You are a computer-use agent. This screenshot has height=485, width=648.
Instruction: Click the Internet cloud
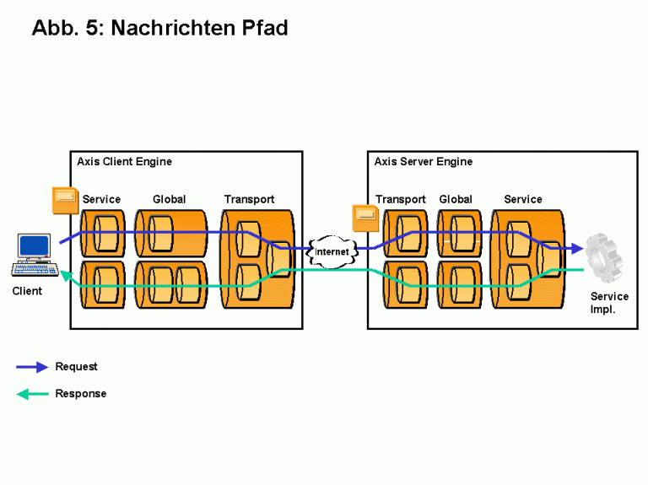pos(332,251)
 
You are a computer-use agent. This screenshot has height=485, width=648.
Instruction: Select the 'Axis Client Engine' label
pos(124,161)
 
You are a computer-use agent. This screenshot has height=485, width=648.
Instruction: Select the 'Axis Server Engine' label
pos(424,161)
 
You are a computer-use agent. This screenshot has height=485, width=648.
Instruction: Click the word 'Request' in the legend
pos(76,367)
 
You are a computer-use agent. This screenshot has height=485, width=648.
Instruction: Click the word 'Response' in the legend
pos(80,394)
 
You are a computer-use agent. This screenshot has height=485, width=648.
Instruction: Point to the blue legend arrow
pos(32,367)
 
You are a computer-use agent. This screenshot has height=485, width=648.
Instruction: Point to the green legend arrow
pos(32,394)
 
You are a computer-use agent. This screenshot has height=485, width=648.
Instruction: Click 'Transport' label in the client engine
pos(249,200)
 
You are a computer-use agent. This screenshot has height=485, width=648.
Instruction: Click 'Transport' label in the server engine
pos(401,200)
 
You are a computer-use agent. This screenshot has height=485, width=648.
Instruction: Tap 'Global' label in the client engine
pos(169,200)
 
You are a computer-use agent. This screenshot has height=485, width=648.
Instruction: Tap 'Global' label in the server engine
pos(456,200)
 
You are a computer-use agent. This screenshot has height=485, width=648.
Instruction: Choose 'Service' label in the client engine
pos(101,200)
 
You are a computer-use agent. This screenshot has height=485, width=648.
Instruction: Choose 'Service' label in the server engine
pos(523,200)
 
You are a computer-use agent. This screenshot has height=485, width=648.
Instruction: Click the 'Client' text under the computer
pos(27,292)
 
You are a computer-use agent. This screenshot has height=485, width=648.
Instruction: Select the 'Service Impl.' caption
pos(609,303)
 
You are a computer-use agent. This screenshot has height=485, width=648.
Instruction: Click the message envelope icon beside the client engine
pos(65,199)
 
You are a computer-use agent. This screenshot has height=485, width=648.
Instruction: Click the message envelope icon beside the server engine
pos(365,217)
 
